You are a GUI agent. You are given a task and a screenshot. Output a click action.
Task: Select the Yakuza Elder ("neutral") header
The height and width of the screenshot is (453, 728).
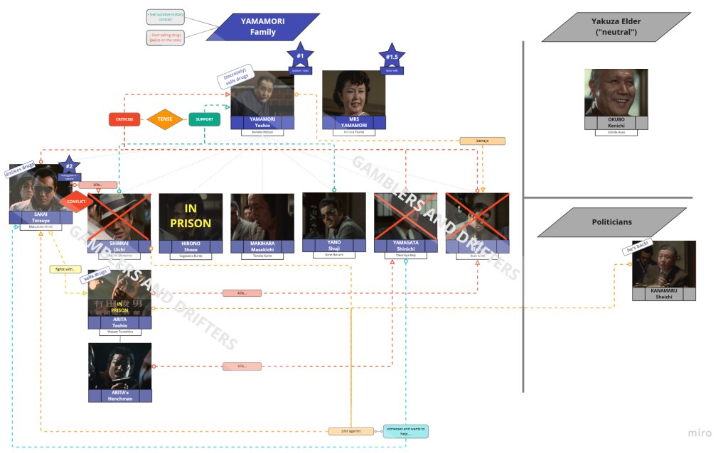point(616,27)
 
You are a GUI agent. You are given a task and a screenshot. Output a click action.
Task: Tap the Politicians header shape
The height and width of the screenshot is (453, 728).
point(611,222)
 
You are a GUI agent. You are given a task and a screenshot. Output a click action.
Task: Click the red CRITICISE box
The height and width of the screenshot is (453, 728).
point(124,119)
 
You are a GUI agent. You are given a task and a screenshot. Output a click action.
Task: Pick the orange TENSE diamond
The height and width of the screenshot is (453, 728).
point(165,119)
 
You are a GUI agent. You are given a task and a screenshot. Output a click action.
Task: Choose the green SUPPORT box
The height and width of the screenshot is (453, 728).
point(204,119)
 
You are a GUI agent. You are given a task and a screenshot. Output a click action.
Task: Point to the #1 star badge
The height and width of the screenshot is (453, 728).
point(300,56)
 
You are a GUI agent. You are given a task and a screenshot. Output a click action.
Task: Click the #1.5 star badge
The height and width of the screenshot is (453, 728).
point(391,58)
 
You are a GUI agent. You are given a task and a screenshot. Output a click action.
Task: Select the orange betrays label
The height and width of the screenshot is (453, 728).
point(482,141)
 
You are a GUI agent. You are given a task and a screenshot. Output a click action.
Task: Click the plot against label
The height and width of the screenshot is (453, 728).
point(350,431)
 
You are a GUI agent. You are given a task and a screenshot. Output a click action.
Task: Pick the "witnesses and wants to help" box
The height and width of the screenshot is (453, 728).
point(405,431)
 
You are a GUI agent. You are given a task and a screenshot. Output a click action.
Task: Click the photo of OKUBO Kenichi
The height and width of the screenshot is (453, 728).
point(616,92)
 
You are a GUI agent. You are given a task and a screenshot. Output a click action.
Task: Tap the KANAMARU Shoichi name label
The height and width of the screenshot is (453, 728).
point(663,294)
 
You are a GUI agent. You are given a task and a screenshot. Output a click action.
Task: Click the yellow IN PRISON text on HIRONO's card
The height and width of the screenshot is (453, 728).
point(191,216)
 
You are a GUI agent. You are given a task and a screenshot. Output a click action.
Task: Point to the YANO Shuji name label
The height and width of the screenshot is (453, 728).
point(333,244)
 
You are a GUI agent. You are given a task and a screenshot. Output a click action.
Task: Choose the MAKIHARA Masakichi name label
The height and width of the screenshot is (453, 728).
point(262,246)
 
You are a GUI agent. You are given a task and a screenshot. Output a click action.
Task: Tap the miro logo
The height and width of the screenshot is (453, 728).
point(700,432)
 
